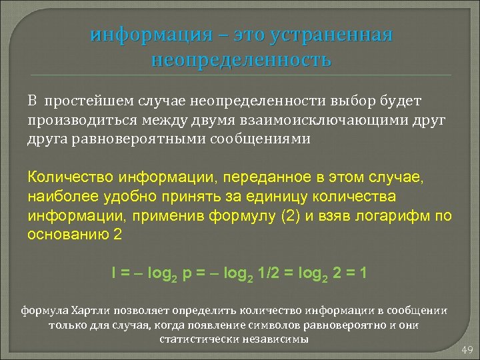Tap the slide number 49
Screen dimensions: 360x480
466,350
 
